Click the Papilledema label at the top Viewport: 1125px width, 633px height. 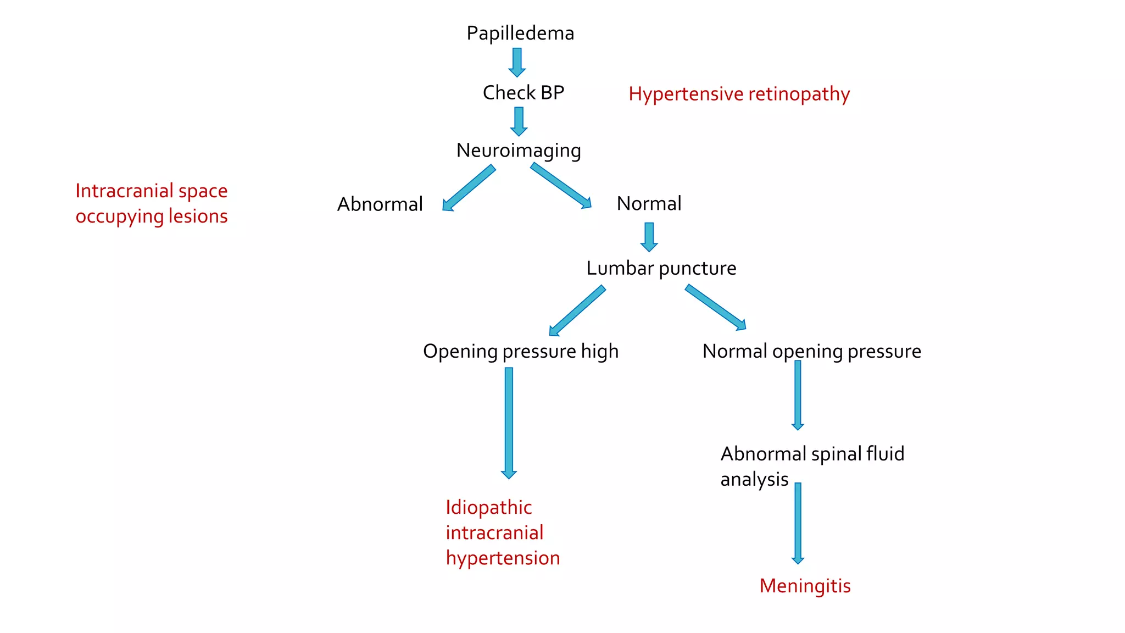pyautogui.click(x=520, y=34)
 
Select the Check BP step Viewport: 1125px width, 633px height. pyautogui.click(x=523, y=92)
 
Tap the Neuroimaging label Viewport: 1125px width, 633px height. pyautogui.click(x=519, y=151)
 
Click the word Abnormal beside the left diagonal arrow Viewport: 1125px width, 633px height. pyautogui.click(x=380, y=204)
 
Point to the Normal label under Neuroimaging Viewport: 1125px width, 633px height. pyautogui.click(x=649, y=204)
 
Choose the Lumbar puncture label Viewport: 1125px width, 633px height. pyautogui.click(x=661, y=268)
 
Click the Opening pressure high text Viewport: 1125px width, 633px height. pyautogui.click(x=520, y=351)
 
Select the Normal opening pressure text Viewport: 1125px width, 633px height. pyautogui.click(x=811, y=351)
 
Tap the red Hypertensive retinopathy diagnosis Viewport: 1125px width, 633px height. pyautogui.click(x=739, y=94)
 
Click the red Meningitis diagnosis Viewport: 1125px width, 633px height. pyautogui.click(x=805, y=586)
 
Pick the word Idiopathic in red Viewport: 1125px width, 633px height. pyautogui.click(x=488, y=508)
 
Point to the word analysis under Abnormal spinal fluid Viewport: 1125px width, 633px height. pyautogui.click(x=754, y=480)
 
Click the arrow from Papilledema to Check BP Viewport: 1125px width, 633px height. pyautogui.click(x=517, y=62)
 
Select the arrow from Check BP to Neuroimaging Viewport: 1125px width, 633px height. pyautogui.click(x=519, y=121)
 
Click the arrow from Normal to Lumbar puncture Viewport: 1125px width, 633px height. pyautogui.click(x=649, y=237)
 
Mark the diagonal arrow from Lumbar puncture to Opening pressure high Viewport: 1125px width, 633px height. pyautogui.click(x=577, y=310)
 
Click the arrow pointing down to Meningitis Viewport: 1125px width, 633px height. pyautogui.click(x=798, y=523)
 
